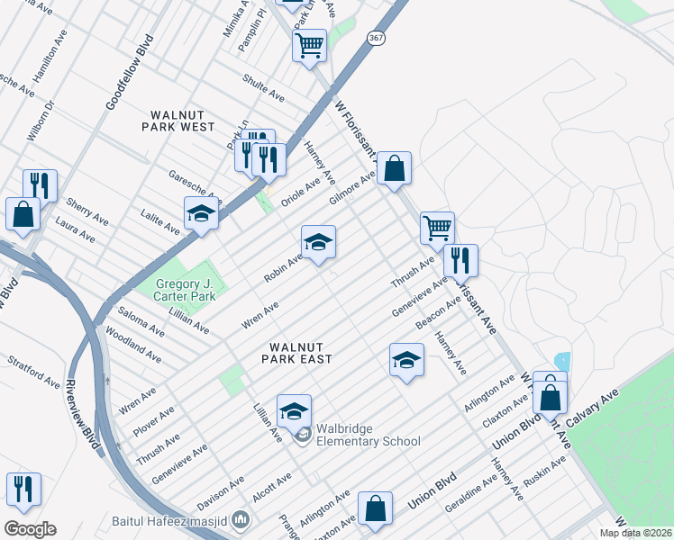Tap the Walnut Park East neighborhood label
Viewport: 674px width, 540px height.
coord(297,352)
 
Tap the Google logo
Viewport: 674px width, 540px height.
coord(30,529)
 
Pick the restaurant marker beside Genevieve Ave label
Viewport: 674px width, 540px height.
coord(460,261)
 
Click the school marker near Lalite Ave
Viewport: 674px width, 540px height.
coord(201,214)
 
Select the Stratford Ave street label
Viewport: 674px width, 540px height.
coord(32,372)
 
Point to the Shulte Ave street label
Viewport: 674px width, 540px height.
coord(263,88)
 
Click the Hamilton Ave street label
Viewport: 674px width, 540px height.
coord(50,65)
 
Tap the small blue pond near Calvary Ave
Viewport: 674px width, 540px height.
coord(562,361)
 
